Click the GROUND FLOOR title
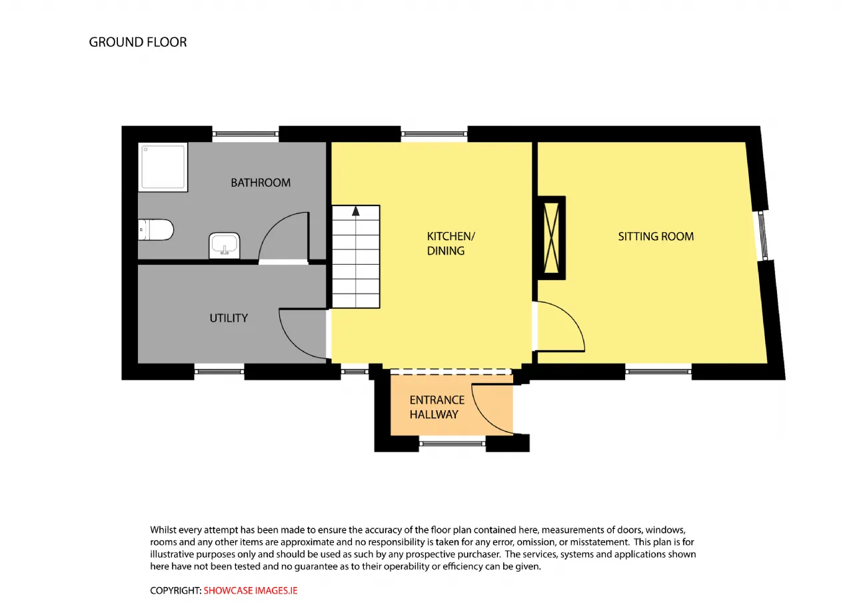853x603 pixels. pos(138,42)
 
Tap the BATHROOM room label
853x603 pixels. pos(261,183)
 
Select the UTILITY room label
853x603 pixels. pos(229,318)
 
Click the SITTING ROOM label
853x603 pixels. pos(656,236)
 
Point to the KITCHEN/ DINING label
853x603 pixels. pos(451,243)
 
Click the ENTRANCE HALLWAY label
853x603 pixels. pos(436,407)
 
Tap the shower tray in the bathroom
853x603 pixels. pos(163,167)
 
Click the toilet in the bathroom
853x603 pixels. pos(156,229)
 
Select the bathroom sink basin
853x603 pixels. pos(225,245)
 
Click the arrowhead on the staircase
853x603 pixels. pos(356,211)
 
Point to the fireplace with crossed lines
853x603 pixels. pos(551,238)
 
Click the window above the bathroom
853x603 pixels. pos(245,134)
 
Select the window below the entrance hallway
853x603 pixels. pos(452,444)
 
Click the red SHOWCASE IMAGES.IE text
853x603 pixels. pos(250,590)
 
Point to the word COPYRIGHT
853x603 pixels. pos(175,590)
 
